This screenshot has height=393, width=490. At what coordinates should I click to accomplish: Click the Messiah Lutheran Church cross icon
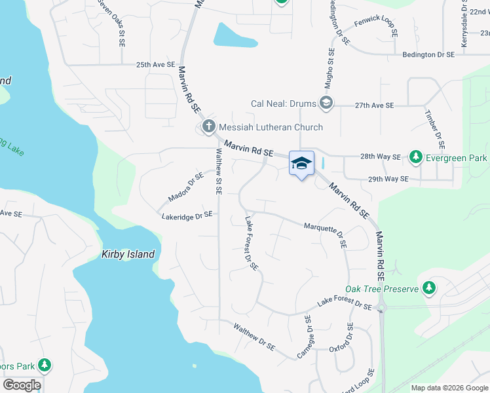209,126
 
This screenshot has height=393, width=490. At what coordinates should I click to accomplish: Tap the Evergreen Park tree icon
415,157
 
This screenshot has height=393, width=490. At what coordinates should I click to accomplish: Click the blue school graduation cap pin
301,163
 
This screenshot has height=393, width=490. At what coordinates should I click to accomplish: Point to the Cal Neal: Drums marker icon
326,103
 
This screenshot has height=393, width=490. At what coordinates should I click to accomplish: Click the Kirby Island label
128,254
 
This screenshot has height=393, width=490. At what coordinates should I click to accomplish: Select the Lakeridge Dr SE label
187,215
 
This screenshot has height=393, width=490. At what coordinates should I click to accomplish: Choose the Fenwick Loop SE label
376,27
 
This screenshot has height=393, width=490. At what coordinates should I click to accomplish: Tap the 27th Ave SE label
374,105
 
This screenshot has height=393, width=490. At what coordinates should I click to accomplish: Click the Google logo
22,384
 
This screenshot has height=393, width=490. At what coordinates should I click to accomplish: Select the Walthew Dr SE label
254,337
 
